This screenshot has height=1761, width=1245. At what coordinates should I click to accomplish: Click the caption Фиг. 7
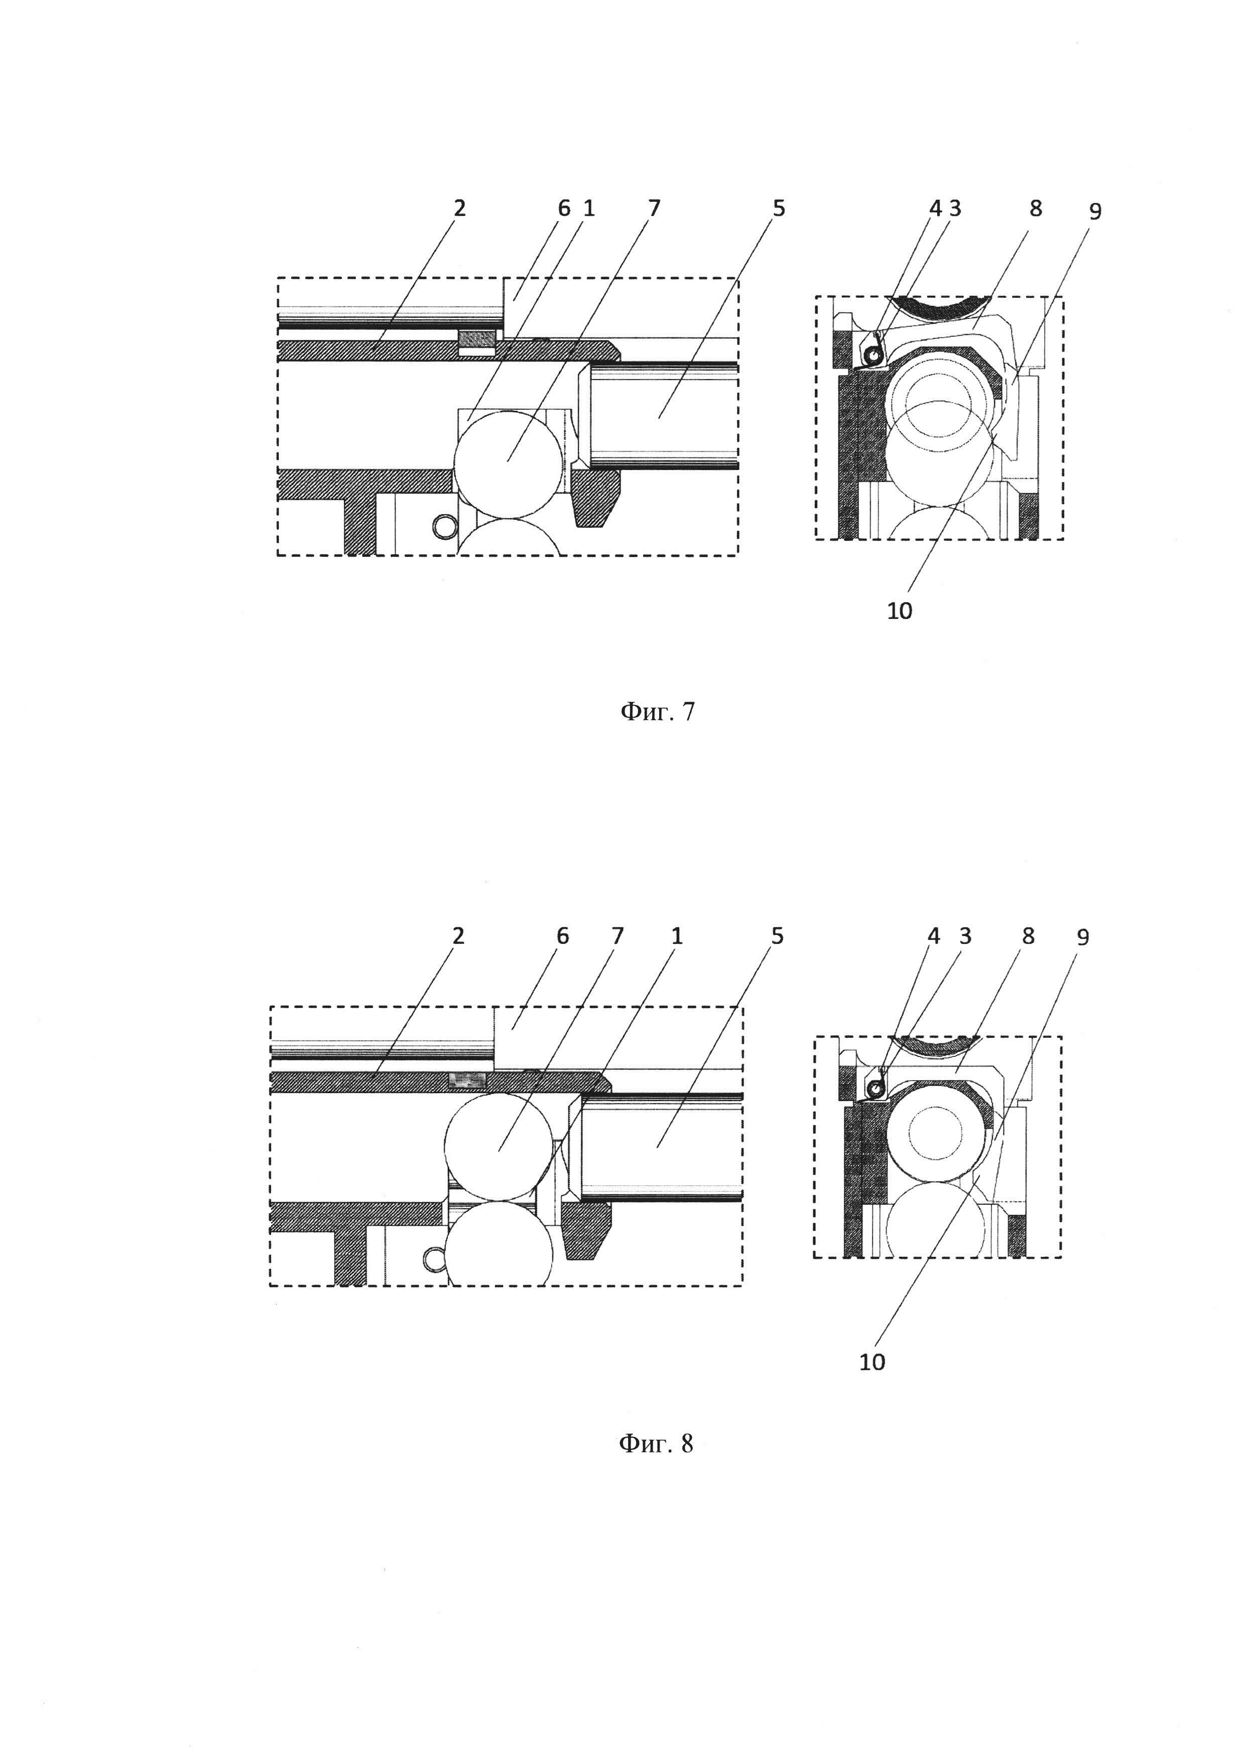coord(657,712)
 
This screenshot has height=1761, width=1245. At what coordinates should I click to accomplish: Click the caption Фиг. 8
coord(656,1444)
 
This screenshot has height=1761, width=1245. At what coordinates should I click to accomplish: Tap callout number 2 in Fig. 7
coord(459,208)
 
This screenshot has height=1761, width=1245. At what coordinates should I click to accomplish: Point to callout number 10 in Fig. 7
coord(899,611)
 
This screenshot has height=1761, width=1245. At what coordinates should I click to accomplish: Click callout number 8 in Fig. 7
coord(1036,208)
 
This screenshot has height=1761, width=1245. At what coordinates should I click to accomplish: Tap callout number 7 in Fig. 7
coord(653,208)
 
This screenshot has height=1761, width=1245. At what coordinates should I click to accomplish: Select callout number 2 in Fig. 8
coord(458,935)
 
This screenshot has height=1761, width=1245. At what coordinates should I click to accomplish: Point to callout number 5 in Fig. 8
coord(777,935)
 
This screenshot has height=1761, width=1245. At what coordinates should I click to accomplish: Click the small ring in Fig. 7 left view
coord(444,526)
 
